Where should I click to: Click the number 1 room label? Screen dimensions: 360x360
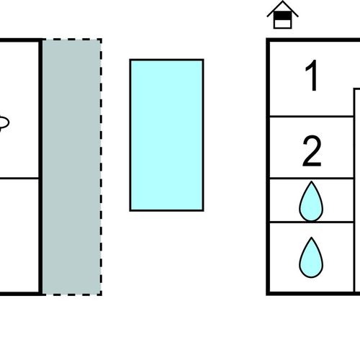point(312,76)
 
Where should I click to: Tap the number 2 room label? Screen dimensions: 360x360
point(312,151)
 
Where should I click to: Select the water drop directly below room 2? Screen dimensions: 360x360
point(311,202)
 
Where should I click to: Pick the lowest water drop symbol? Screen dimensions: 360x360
point(311,258)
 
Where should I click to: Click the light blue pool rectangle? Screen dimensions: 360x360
point(166,135)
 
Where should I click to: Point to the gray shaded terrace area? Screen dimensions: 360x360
point(71,167)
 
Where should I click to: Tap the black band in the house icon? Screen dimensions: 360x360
point(283,16)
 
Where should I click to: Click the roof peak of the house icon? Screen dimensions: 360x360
point(283,1)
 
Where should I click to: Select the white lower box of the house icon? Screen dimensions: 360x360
point(283,24)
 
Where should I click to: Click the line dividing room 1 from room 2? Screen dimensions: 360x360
point(312,117)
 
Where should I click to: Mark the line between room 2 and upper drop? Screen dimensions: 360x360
point(312,179)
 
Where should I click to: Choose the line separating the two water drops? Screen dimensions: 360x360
point(312,222)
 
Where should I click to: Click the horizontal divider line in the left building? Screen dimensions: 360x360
point(19,179)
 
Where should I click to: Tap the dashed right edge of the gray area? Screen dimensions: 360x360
point(101,167)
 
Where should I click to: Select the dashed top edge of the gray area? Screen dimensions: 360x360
point(72,40)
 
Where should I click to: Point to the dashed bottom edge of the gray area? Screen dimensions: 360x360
point(72,294)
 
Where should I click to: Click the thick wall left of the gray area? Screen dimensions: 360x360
point(40,167)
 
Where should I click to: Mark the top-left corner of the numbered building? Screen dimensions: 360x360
point(268,40)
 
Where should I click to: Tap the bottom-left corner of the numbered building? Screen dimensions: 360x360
point(268,293)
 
